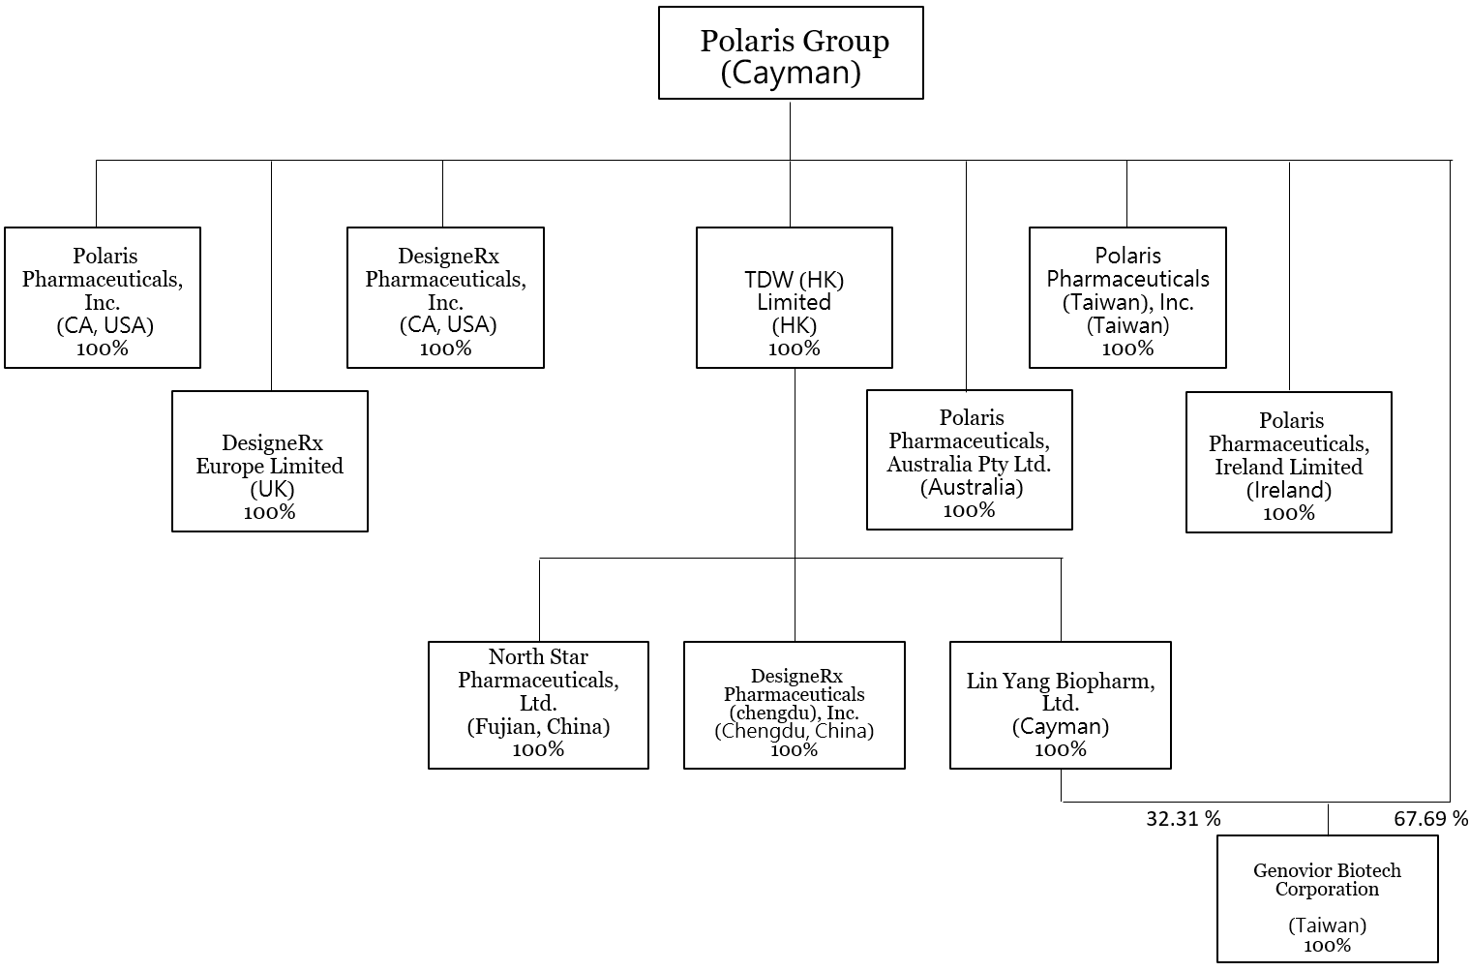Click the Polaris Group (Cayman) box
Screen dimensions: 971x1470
[x=791, y=53]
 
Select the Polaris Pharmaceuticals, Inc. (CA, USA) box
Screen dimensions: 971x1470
[x=103, y=298]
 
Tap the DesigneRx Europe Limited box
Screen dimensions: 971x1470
[x=270, y=462]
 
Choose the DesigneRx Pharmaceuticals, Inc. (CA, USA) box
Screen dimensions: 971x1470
[x=445, y=298]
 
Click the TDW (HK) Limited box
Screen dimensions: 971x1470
[x=794, y=298]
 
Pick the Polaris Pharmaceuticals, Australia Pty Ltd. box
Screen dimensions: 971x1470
[x=969, y=460]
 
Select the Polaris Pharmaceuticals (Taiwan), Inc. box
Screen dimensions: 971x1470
[x=1127, y=298]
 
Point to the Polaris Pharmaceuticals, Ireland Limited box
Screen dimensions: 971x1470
[x=1288, y=463]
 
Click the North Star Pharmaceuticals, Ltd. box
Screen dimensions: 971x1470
[x=538, y=705]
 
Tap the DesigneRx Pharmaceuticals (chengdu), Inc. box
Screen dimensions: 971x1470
[x=794, y=705]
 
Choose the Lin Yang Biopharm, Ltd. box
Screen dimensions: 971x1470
[x=1060, y=705]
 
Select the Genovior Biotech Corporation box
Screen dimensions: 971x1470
[x=1327, y=898]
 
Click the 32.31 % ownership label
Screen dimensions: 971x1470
[x=1183, y=819]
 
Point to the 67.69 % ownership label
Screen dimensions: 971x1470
[x=1430, y=819]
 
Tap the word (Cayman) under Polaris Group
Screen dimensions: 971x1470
[x=791, y=74]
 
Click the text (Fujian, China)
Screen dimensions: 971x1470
[x=538, y=726]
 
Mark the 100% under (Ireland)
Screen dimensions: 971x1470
[x=1288, y=513]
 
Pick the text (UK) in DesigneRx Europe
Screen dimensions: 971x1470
[x=271, y=489]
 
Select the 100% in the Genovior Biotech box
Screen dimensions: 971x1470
[x=1327, y=946]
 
